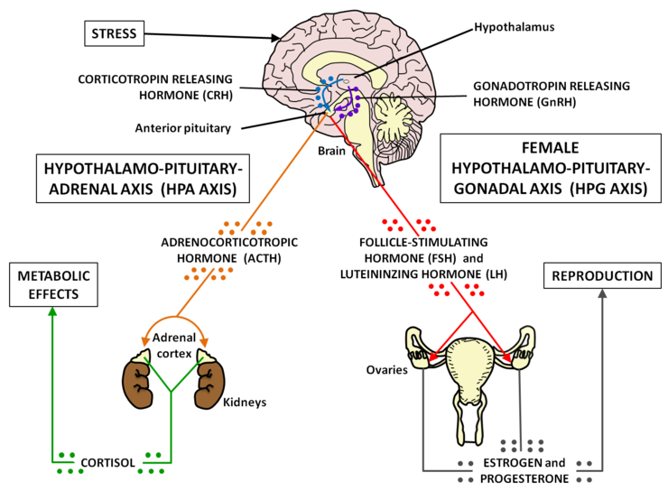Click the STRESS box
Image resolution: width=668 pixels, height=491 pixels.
pos(114,34)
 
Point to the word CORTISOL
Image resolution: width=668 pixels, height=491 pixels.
pos(109,463)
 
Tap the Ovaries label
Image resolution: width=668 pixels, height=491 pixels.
pos(386,370)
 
